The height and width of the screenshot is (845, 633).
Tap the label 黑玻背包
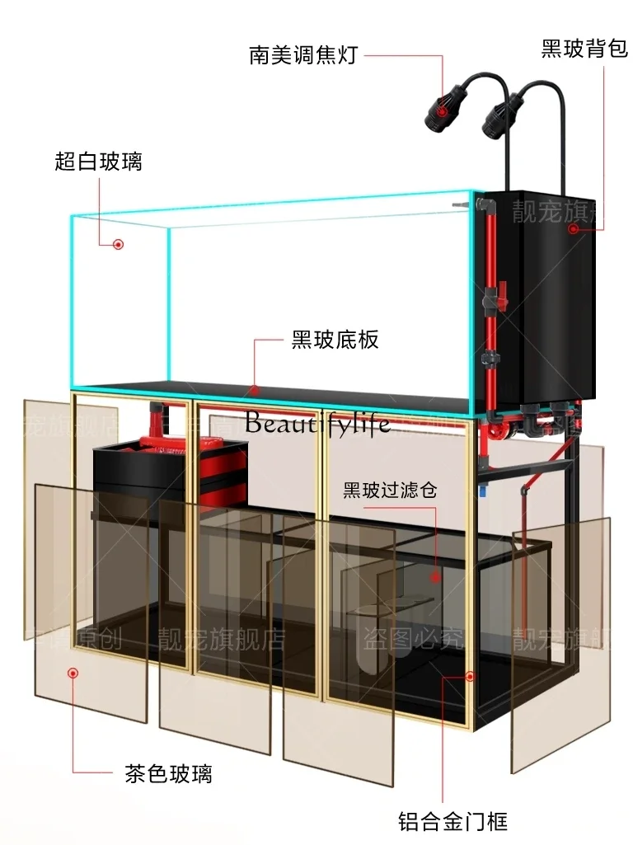click(584, 49)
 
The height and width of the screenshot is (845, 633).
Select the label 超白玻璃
click(98, 161)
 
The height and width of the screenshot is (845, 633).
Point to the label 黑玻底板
click(335, 339)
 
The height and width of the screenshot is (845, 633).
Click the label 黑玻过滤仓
click(390, 491)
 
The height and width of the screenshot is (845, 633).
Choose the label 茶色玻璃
click(168, 773)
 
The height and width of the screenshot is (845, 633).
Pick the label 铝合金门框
click(453, 821)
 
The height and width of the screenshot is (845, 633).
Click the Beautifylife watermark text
click(317, 423)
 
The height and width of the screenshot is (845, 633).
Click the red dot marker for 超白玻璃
click(119, 245)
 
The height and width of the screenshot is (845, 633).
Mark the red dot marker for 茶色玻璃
click(73, 673)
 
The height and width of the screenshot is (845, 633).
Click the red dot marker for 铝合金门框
click(470, 676)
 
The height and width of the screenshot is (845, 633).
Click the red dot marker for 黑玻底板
click(255, 388)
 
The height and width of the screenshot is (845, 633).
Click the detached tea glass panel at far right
click(560, 643)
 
